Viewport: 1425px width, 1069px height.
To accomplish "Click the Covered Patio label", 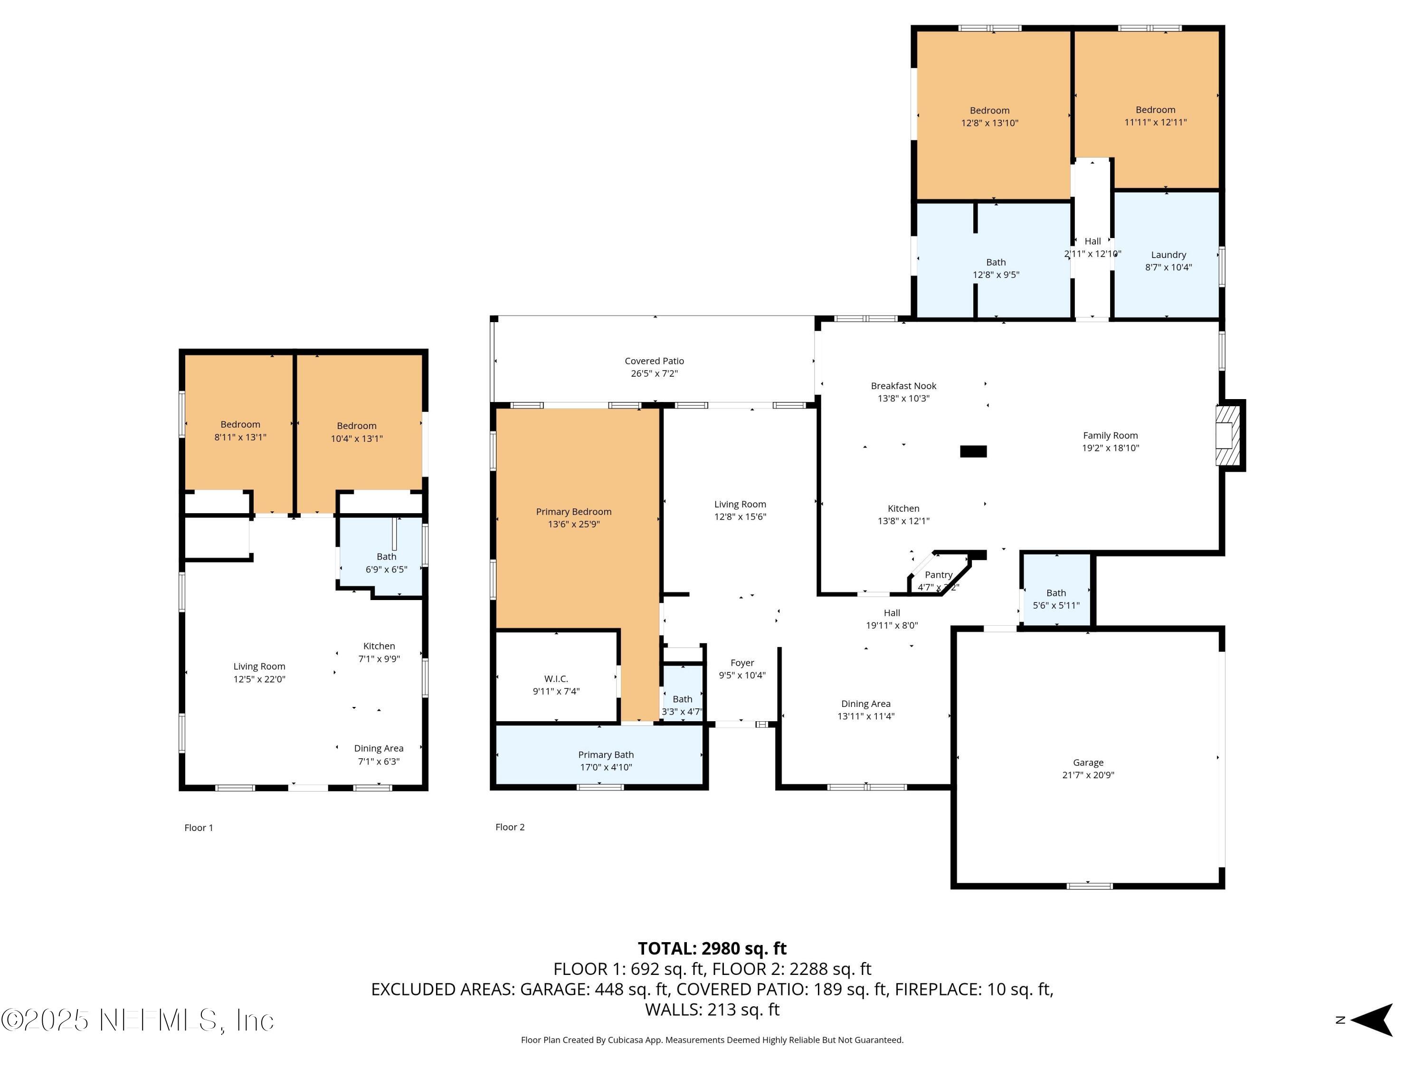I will [x=654, y=361].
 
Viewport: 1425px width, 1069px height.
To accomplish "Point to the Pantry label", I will [x=938, y=575].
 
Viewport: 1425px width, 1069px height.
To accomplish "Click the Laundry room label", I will [x=1168, y=255].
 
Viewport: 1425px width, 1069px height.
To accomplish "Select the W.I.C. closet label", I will [x=555, y=678].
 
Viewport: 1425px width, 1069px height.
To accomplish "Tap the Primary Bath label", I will [x=606, y=754].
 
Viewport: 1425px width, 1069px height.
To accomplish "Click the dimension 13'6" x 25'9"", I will [x=573, y=525].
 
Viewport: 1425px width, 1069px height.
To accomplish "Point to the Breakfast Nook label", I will [x=903, y=386].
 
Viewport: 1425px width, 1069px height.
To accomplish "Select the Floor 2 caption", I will [x=510, y=827].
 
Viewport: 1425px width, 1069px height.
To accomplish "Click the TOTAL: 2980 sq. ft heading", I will [x=712, y=948].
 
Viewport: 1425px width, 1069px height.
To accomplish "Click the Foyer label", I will [x=742, y=662].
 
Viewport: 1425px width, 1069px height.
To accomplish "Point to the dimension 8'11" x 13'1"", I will [x=240, y=438].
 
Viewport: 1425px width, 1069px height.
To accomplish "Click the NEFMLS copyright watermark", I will [x=138, y=1021].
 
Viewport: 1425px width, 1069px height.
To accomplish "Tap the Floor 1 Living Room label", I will [x=259, y=666].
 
